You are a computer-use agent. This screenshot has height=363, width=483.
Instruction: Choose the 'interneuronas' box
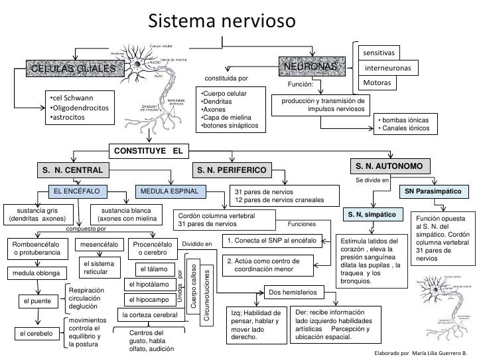point(388,68)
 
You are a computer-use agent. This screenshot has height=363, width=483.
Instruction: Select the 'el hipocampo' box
point(152,300)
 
